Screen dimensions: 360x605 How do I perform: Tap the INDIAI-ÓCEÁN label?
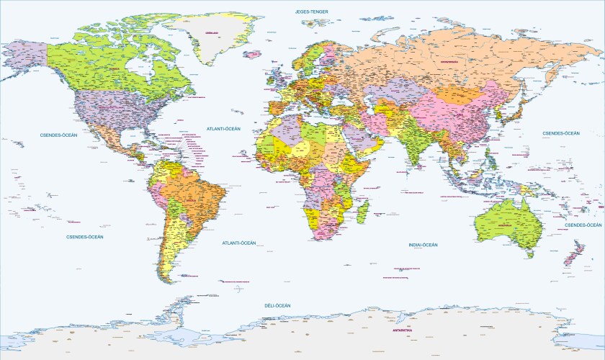click(x=423, y=246)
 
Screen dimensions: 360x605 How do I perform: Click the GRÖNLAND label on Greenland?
click(x=212, y=32)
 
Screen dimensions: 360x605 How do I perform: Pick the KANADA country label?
click(x=113, y=70)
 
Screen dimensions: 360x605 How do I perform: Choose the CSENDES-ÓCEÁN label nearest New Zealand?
click(x=583, y=225)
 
